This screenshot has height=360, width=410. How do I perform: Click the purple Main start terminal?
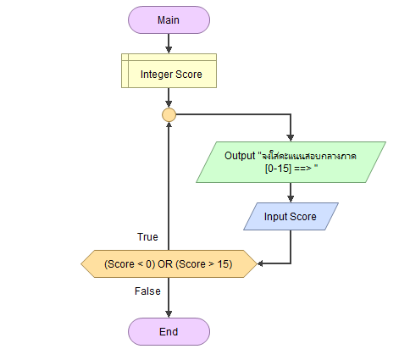click(169, 20)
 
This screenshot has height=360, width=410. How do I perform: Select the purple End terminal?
click(169, 331)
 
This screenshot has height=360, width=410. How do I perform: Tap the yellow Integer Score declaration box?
click(169, 71)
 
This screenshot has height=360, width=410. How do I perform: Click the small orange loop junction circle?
click(169, 115)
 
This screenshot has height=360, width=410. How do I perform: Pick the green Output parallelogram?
click(291, 162)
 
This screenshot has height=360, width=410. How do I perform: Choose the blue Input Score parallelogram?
click(291, 216)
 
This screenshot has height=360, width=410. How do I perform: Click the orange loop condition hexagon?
click(169, 263)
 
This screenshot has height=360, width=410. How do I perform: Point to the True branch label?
click(147, 237)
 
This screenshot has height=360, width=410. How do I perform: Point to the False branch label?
click(147, 291)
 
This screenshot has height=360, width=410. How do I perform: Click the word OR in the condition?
click(165, 264)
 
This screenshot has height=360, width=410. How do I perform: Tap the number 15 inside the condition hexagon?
click(223, 264)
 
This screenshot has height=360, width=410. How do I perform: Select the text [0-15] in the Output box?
click(278, 169)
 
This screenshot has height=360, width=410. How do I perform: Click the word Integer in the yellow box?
click(157, 75)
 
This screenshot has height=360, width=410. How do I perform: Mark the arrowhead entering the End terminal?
click(169, 314)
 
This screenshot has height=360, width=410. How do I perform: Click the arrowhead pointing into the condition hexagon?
click(260, 263)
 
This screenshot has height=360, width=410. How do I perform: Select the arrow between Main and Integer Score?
click(169, 43)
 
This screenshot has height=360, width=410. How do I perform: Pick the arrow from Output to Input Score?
click(291, 192)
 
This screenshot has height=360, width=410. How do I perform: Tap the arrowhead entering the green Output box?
click(291, 138)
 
